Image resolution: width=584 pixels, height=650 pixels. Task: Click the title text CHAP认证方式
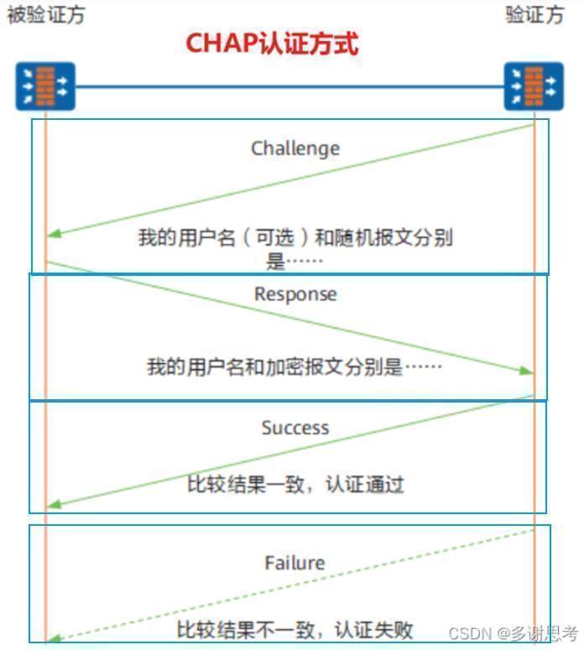(272, 43)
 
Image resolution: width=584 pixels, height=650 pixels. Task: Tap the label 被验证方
(46, 15)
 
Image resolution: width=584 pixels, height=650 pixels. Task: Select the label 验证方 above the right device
(534, 15)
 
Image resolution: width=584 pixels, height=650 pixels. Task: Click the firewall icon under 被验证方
(45, 86)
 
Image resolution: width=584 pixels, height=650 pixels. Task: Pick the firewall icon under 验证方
(534, 86)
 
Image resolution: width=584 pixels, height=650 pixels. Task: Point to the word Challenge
(295, 148)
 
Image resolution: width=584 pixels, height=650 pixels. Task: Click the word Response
(295, 294)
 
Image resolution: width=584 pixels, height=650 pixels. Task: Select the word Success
(295, 428)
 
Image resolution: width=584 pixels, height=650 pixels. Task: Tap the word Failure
(295, 563)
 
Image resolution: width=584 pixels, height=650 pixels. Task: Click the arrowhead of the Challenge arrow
(54, 234)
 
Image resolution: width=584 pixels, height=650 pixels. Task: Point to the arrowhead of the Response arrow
(526, 371)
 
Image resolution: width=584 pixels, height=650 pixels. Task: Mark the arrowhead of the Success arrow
(54, 505)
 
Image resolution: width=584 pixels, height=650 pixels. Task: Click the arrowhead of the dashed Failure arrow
(54, 639)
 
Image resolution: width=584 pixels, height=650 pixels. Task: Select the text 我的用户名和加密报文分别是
(274, 367)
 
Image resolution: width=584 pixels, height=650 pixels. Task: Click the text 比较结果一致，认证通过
(295, 484)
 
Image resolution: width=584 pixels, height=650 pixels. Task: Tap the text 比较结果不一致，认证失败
(295, 630)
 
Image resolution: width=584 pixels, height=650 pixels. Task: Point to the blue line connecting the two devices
(289, 86)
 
